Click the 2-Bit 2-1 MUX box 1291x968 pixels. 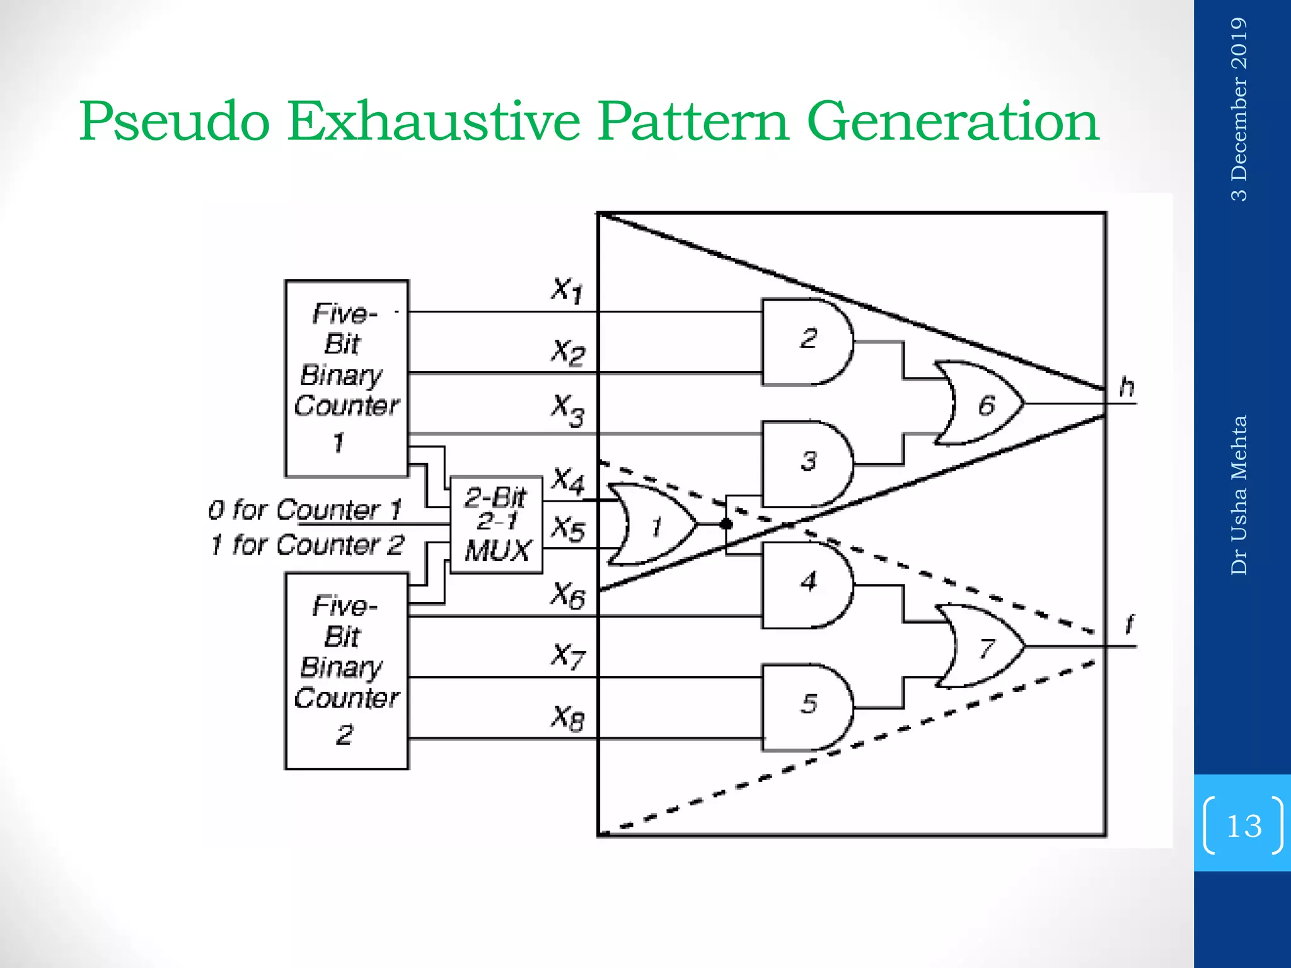pyautogui.click(x=497, y=524)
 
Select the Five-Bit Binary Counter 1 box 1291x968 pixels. pyautogui.click(x=347, y=378)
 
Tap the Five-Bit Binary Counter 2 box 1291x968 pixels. pyautogui.click(x=347, y=671)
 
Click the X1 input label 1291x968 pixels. pyautogui.click(x=567, y=290)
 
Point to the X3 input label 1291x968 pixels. pyautogui.click(x=567, y=410)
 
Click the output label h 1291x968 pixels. pyautogui.click(x=1127, y=386)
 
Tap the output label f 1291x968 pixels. pyautogui.click(x=1129, y=625)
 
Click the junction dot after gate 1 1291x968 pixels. pyautogui.click(x=726, y=524)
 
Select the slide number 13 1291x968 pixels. pyautogui.click(x=1244, y=826)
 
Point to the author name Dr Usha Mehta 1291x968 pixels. pyautogui.click(x=1239, y=495)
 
